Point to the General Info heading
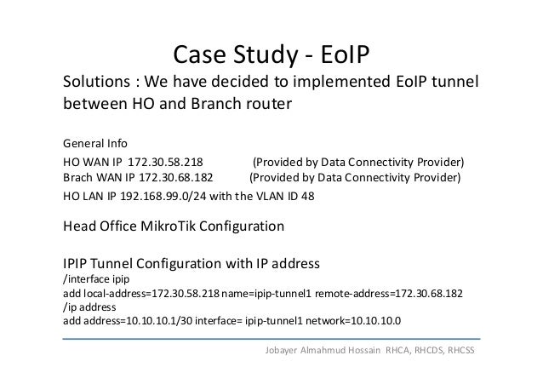click(94, 142)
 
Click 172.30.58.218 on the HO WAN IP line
click(164, 162)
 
